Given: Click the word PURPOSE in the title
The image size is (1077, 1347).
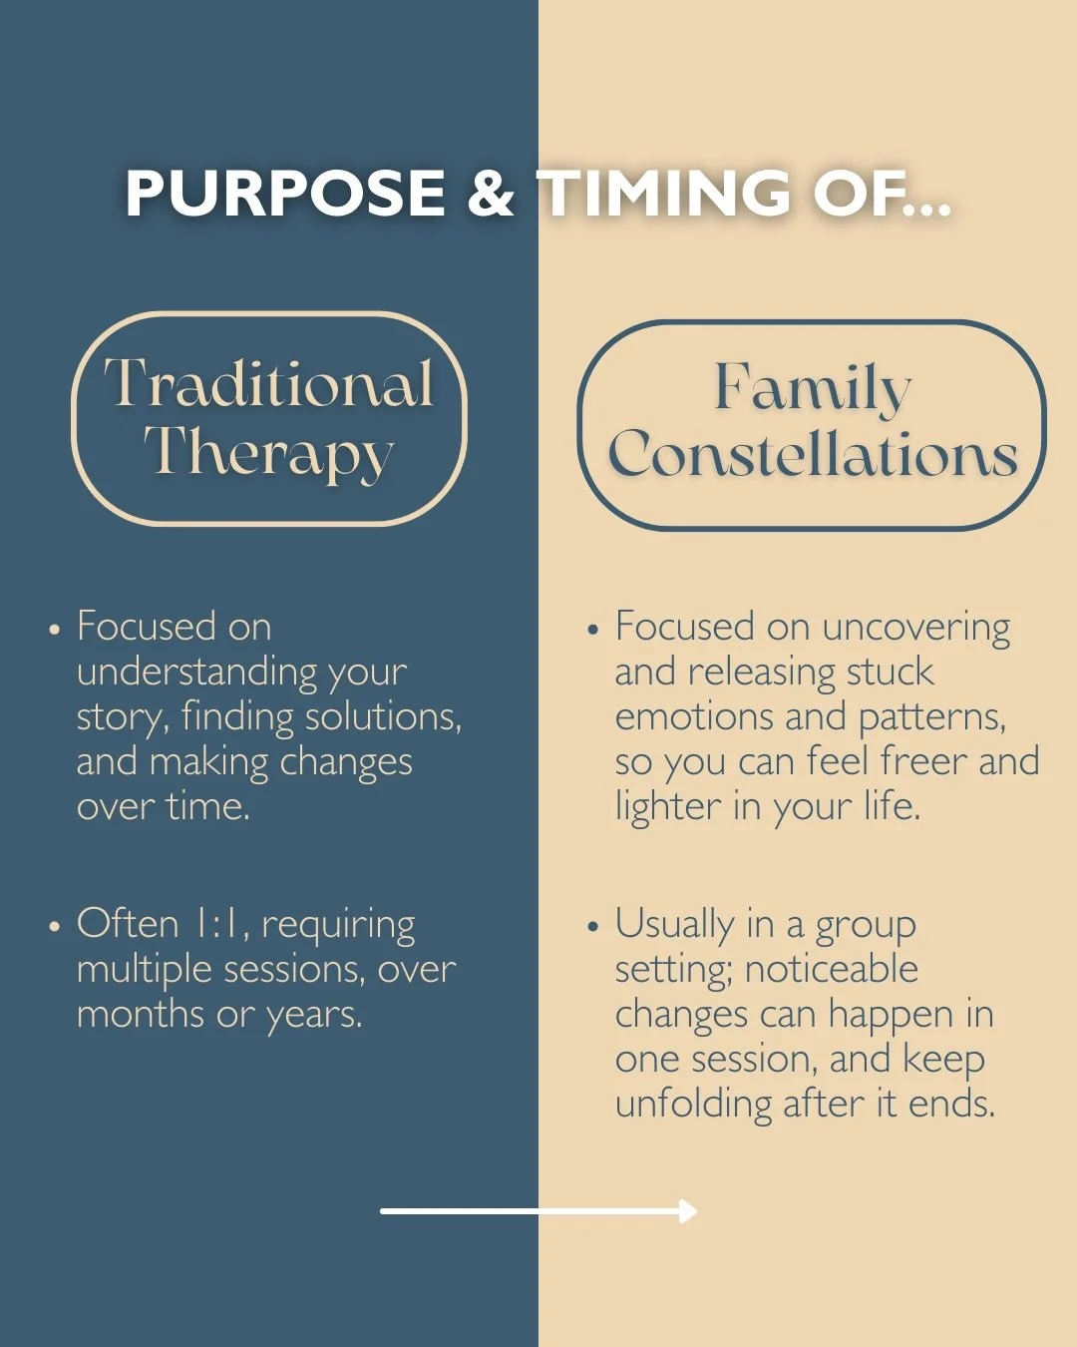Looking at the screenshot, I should [x=285, y=193].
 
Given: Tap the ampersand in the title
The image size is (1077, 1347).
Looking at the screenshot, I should [x=491, y=193].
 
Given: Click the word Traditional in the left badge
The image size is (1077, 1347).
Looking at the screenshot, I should [x=269, y=384].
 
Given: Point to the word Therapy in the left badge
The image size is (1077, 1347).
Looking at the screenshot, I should [x=269, y=454].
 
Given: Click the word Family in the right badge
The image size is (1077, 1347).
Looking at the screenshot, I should [x=812, y=388].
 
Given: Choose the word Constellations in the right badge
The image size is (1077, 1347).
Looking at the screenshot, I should [x=812, y=456].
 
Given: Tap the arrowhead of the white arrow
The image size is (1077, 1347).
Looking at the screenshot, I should [x=689, y=1211].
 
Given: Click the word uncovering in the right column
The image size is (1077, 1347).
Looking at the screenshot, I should [x=916, y=628].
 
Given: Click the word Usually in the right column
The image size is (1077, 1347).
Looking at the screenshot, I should [x=674, y=925].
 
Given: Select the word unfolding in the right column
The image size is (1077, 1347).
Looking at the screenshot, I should [x=693, y=1105].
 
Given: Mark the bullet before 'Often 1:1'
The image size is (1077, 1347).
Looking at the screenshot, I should [x=55, y=927].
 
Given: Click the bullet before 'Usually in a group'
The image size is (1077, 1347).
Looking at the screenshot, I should [x=593, y=927].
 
